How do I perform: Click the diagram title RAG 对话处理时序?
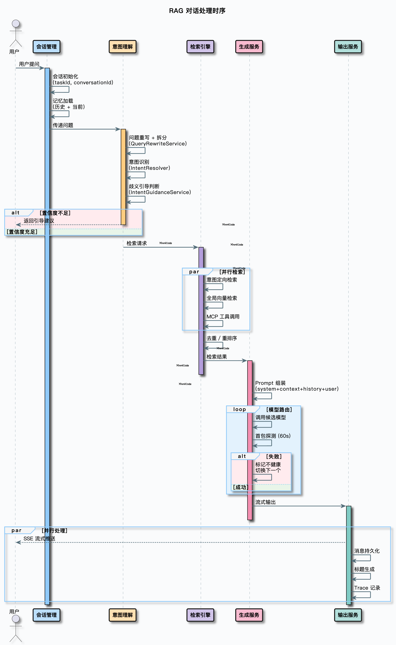click(197, 11)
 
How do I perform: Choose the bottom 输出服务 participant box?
click(348, 615)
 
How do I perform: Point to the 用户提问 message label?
click(29, 64)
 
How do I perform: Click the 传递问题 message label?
click(63, 125)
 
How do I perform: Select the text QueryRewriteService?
click(158, 144)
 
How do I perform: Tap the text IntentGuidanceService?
click(161, 192)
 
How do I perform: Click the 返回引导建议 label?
click(39, 221)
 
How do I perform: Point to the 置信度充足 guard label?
click(22, 232)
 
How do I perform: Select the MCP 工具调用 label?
click(223, 317)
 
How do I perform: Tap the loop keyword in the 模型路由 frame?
click(239, 409)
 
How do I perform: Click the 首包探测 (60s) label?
click(273, 436)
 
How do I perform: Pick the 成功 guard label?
click(240, 487)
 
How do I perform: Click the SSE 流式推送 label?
click(39, 539)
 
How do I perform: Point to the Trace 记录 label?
click(367, 588)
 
